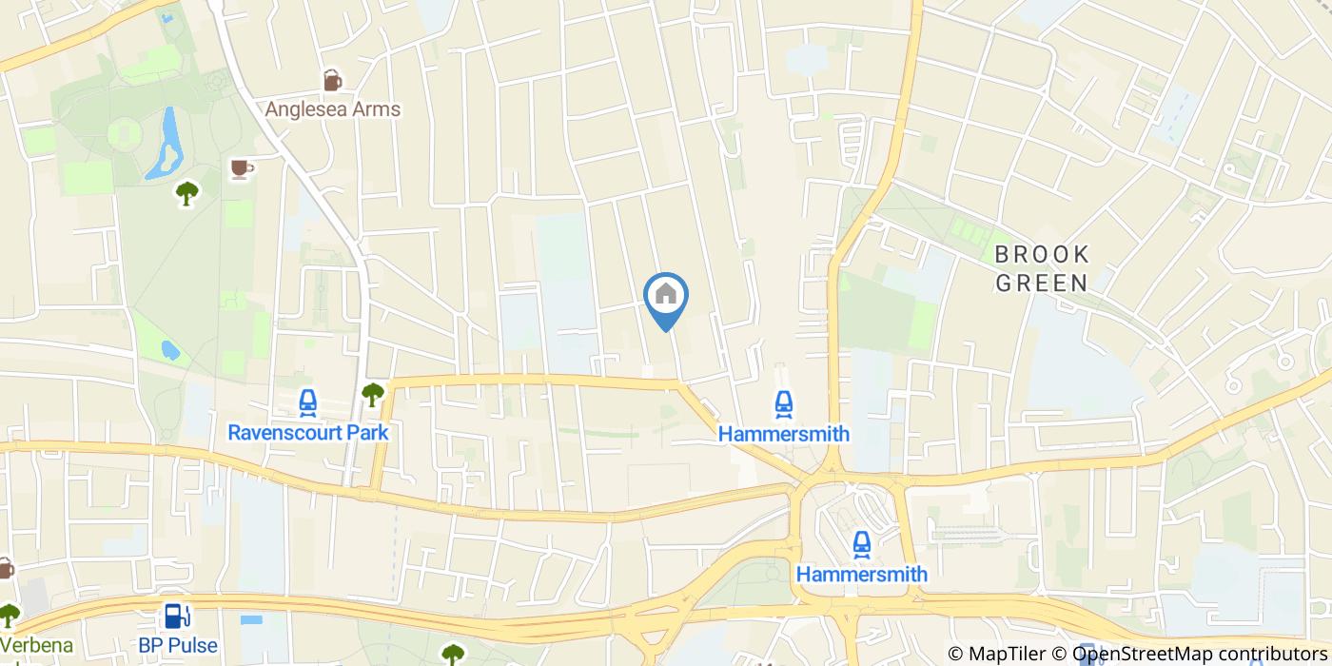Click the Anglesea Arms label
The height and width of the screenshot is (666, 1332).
pos(332,109)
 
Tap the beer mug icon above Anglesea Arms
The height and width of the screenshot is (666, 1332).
pos(332,81)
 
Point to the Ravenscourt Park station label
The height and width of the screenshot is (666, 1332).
pos(308,433)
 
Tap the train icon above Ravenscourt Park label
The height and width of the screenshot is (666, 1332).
pos(307,403)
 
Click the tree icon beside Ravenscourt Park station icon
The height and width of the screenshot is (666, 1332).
pos(373,393)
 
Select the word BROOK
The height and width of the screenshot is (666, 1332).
pos(1042,254)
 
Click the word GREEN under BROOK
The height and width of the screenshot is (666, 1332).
pos(1042,283)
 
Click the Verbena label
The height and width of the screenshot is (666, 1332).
pos(36,645)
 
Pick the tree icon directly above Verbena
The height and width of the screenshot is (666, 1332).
pos(10,615)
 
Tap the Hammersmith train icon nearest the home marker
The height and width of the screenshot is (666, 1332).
pos(783,404)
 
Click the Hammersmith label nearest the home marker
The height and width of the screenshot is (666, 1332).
pos(783,434)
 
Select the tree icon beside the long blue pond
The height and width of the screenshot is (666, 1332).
pos(187,193)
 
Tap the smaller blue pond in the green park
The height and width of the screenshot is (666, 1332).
pos(170,351)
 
